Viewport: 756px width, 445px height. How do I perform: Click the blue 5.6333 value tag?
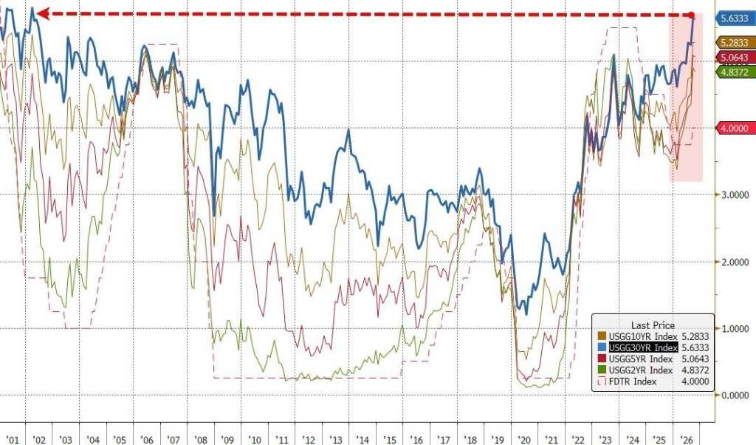pos(735,18)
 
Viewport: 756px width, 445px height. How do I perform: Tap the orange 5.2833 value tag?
pos(735,43)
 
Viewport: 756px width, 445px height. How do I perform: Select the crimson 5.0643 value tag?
pos(735,58)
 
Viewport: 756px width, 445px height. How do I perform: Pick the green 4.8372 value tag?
pos(735,72)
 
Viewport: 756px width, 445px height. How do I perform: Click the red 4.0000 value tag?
pos(735,129)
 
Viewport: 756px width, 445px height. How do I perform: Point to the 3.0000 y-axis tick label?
pos(735,195)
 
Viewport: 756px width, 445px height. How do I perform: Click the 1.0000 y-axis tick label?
pos(735,329)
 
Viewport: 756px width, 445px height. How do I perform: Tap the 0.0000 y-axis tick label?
pos(735,395)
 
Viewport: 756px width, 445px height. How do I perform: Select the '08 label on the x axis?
pos(200,440)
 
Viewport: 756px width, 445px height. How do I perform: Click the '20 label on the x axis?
pos(523,440)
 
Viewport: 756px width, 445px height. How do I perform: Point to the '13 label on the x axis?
pos(335,440)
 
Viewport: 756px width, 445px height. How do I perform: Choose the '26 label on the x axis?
pos(686,440)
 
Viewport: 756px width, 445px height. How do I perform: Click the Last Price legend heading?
pos(653,325)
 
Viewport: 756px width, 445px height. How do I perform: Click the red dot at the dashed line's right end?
pos(691,15)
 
